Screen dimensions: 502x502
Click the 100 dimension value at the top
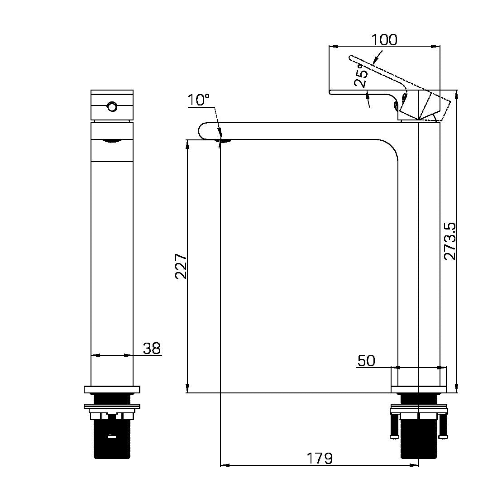click(384, 40)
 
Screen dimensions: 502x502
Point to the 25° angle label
click(361, 75)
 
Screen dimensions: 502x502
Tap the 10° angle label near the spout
click(198, 100)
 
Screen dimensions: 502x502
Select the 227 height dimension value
click(181, 266)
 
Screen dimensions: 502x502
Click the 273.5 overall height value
click(450, 241)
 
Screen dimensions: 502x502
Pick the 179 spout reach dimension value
click(320, 458)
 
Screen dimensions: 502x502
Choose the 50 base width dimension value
click(366, 361)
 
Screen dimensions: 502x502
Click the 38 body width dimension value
click(152, 349)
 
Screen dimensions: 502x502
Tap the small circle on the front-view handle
click(112, 106)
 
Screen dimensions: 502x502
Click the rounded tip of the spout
click(199, 131)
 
